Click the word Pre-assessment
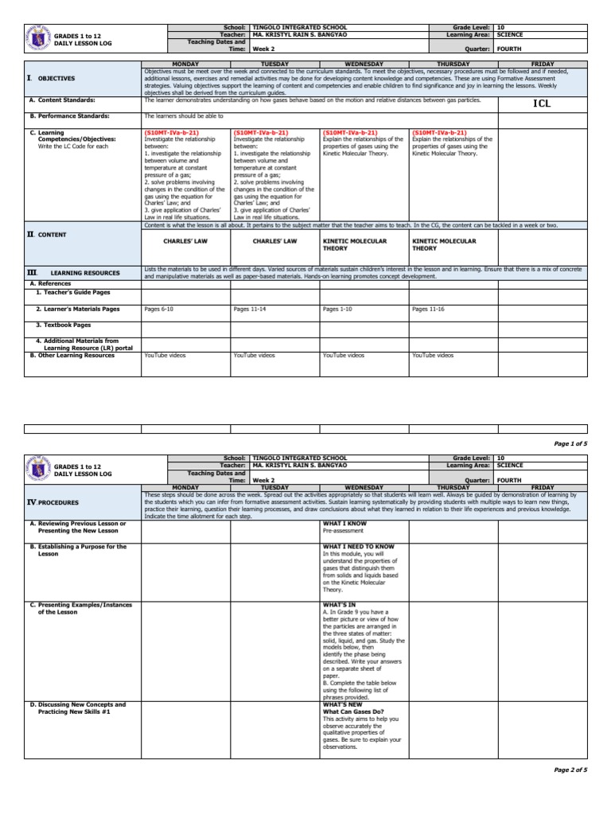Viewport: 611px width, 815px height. [x=343, y=530]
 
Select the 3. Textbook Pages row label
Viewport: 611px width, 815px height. [x=64, y=325]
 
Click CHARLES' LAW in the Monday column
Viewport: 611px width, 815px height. [x=185, y=240]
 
